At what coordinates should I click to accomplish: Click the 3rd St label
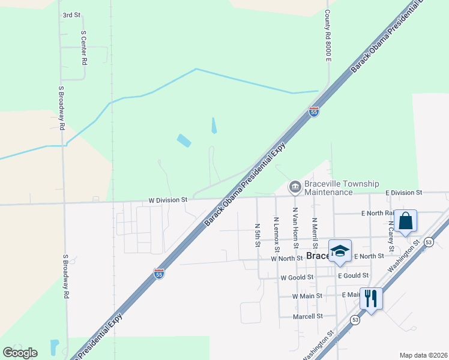tap(71, 14)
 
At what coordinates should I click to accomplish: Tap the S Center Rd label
tap(84, 48)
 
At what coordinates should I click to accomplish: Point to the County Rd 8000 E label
tap(328, 34)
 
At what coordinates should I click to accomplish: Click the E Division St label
tap(404, 193)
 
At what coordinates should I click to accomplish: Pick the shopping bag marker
tap(406, 221)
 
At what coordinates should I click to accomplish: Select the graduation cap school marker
tap(340, 251)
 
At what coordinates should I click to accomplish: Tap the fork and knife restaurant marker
tap(370, 297)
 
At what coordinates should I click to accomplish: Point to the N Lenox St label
tap(276, 235)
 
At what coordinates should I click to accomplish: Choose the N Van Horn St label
tap(295, 228)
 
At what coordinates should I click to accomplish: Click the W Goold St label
tap(297, 277)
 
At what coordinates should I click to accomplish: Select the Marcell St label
tap(308, 316)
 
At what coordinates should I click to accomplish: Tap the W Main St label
tap(307, 296)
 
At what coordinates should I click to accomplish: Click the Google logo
tap(20, 353)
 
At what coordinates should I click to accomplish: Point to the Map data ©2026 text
tap(423, 355)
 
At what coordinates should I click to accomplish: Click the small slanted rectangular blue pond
tap(184, 141)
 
